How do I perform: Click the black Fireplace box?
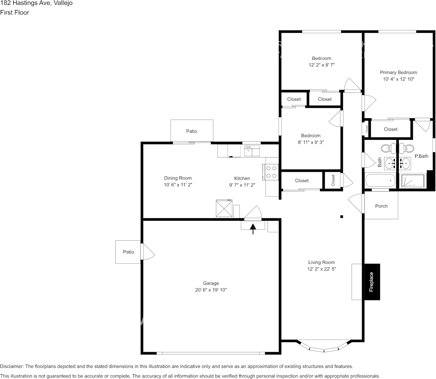coord(372,282)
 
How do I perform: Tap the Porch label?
coord(381,206)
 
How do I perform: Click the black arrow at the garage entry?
coord(253,228)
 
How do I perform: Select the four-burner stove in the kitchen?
coord(272,172)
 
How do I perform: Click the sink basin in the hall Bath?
coord(390,163)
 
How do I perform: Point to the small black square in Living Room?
coord(342,217)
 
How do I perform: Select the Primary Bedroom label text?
coord(398,73)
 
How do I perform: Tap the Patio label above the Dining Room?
coord(192,131)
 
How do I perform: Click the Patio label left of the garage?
coord(128,252)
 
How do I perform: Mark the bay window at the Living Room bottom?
coord(323,347)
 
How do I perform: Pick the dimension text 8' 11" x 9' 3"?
coord(311,142)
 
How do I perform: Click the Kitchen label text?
coord(242,178)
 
